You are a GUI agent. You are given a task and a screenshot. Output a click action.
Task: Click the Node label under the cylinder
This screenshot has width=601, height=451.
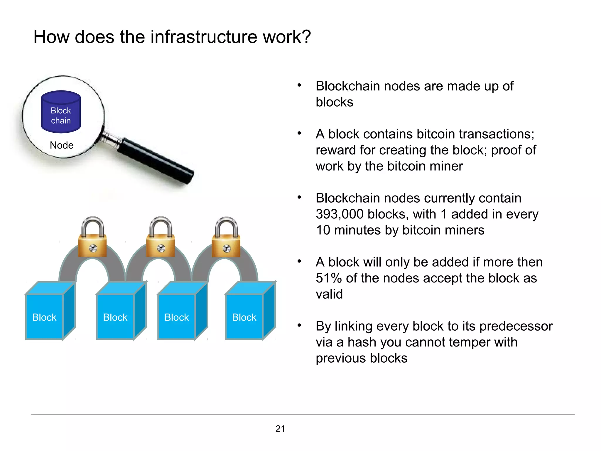[62, 145]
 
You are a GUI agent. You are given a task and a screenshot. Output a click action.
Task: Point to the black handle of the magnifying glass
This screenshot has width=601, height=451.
[156, 161]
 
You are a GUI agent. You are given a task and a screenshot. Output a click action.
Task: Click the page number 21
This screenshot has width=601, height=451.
[280, 429]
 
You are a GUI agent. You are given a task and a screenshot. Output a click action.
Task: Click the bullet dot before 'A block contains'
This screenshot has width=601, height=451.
[299, 134]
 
